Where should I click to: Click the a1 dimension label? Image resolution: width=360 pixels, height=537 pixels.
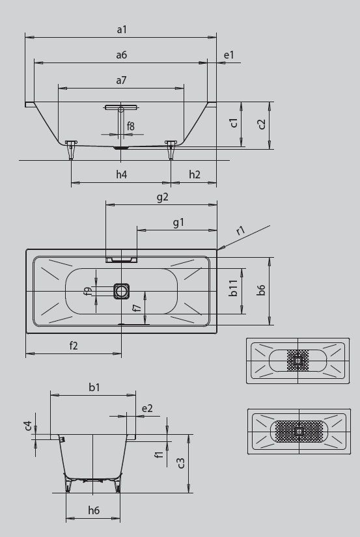point(122,30)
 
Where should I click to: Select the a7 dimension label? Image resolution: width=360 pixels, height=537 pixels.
point(121,81)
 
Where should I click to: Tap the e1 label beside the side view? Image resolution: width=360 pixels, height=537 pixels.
point(228,55)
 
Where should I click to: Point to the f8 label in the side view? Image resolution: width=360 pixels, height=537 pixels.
point(130,126)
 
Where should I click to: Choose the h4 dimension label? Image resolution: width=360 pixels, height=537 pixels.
point(121,174)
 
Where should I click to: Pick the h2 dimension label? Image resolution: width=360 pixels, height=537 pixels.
point(195,174)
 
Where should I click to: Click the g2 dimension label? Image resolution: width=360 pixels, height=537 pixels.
point(162,198)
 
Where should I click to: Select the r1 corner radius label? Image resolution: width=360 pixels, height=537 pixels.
point(241,230)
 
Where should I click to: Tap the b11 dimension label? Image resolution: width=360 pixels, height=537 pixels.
point(233,288)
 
